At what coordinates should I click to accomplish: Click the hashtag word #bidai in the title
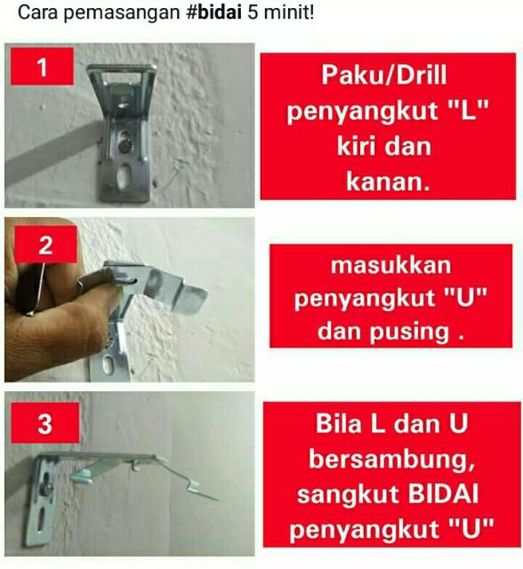click(213, 12)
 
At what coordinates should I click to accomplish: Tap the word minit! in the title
click(288, 12)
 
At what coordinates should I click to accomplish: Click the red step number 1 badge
click(42, 67)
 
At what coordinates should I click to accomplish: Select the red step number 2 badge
click(45, 244)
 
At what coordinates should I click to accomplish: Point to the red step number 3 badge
click(45, 423)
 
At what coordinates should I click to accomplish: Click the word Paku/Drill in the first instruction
click(384, 75)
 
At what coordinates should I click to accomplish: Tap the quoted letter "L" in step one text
click(469, 110)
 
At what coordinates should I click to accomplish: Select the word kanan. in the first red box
click(388, 180)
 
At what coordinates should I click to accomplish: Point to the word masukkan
click(390, 265)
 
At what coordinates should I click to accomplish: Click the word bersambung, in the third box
click(391, 459)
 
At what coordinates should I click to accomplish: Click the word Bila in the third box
click(340, 423)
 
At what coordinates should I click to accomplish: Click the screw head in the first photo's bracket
click(125, 146)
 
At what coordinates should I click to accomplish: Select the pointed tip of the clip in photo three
click(218, 500)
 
